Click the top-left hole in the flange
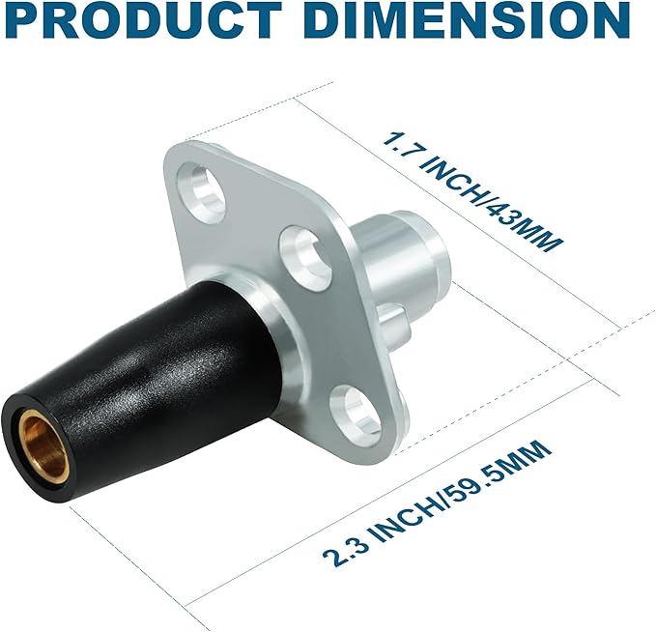[202, 192]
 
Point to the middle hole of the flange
[304, 258]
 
